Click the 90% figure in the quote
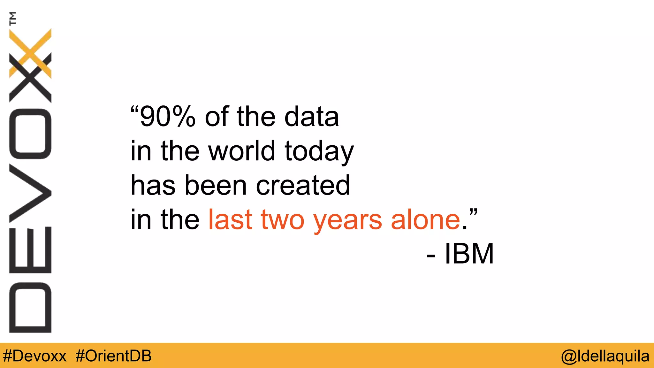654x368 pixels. point(167,117)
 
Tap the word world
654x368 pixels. point(242,151)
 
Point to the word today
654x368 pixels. point(319,152)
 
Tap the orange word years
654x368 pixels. point(347,221)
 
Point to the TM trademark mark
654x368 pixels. point(13,18)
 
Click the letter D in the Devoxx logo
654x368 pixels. point(30,308)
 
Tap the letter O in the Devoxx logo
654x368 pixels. point(30,134)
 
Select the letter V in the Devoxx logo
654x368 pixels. point(30,193)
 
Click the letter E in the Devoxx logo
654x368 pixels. point(30,250)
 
